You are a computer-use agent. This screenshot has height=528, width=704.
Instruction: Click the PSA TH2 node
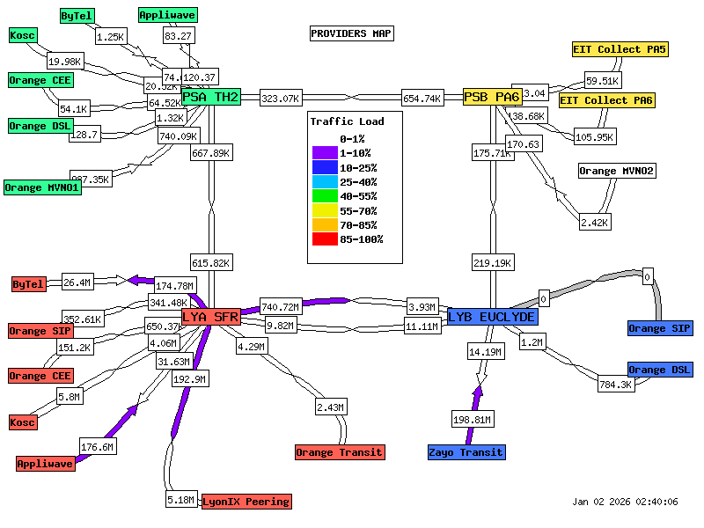[x=211, y=97]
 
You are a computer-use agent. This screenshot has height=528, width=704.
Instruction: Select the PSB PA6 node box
[x=492, y=97]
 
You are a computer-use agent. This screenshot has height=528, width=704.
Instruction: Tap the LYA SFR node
[x=211, y=317]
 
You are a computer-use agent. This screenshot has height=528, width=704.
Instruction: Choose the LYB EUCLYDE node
[x=492, y=317]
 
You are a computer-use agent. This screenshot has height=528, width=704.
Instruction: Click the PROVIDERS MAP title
[x=351, y=33]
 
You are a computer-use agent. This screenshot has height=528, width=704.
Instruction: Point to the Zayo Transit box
[x=467, y=452]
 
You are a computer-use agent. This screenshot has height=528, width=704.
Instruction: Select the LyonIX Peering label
[x=246, y=502]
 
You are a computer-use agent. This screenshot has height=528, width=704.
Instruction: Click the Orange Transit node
[x=340, y=452]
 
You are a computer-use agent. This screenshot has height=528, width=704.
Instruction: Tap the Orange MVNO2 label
[x=617, y=171]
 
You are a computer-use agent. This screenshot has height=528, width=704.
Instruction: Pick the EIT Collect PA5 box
[x=620, y=49]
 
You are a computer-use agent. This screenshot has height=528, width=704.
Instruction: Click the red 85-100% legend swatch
[x=324, y=239]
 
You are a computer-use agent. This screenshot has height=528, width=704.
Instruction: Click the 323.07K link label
[x=282, y=99]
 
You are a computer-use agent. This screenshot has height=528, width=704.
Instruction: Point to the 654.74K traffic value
[x=422, y=99]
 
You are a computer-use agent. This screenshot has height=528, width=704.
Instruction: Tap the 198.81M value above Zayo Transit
[x=472, y=419]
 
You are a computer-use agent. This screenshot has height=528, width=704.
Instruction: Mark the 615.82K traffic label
[x=211, y=263]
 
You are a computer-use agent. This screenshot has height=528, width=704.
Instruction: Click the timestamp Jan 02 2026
[x=625, y=502]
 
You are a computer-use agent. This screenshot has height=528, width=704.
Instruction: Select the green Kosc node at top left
[x=22, y=35]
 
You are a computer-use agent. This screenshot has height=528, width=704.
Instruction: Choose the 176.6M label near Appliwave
[x=98, y=447]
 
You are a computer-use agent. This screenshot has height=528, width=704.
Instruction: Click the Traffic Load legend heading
[x=347, y=121]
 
